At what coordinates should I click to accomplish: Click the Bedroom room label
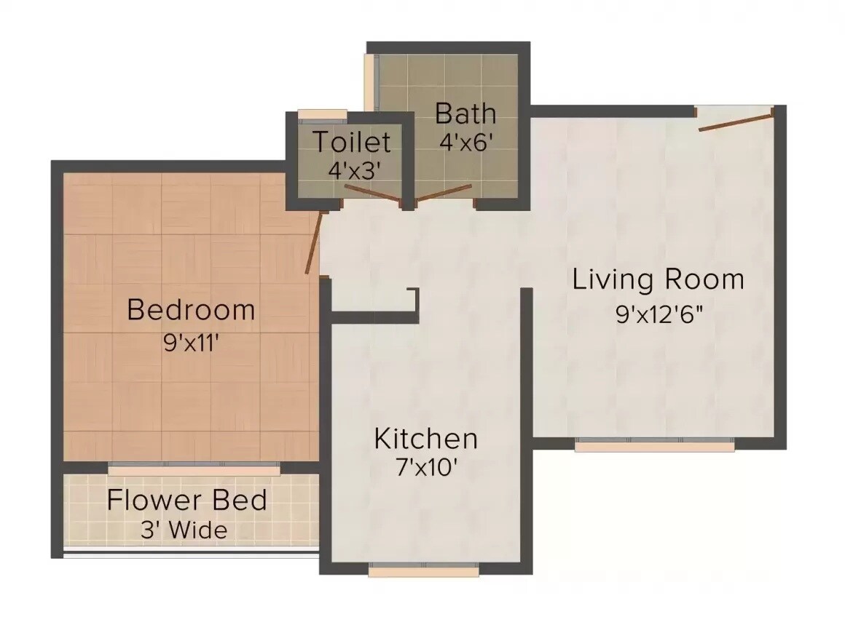pos(191,310)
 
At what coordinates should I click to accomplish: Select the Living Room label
pos(658,279)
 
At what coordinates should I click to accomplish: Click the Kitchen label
pos(425,439)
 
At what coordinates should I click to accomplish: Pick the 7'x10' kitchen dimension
pos(425,469)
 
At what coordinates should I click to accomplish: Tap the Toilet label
pos(352,141)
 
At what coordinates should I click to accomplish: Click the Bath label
pos(465,114)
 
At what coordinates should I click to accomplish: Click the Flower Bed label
pos(186,501)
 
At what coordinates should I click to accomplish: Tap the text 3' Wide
pos(184,530)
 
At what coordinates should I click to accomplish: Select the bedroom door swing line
pos(314,242)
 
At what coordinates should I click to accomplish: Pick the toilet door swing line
pos(372,194)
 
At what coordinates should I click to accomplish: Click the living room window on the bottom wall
pos(654,445)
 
